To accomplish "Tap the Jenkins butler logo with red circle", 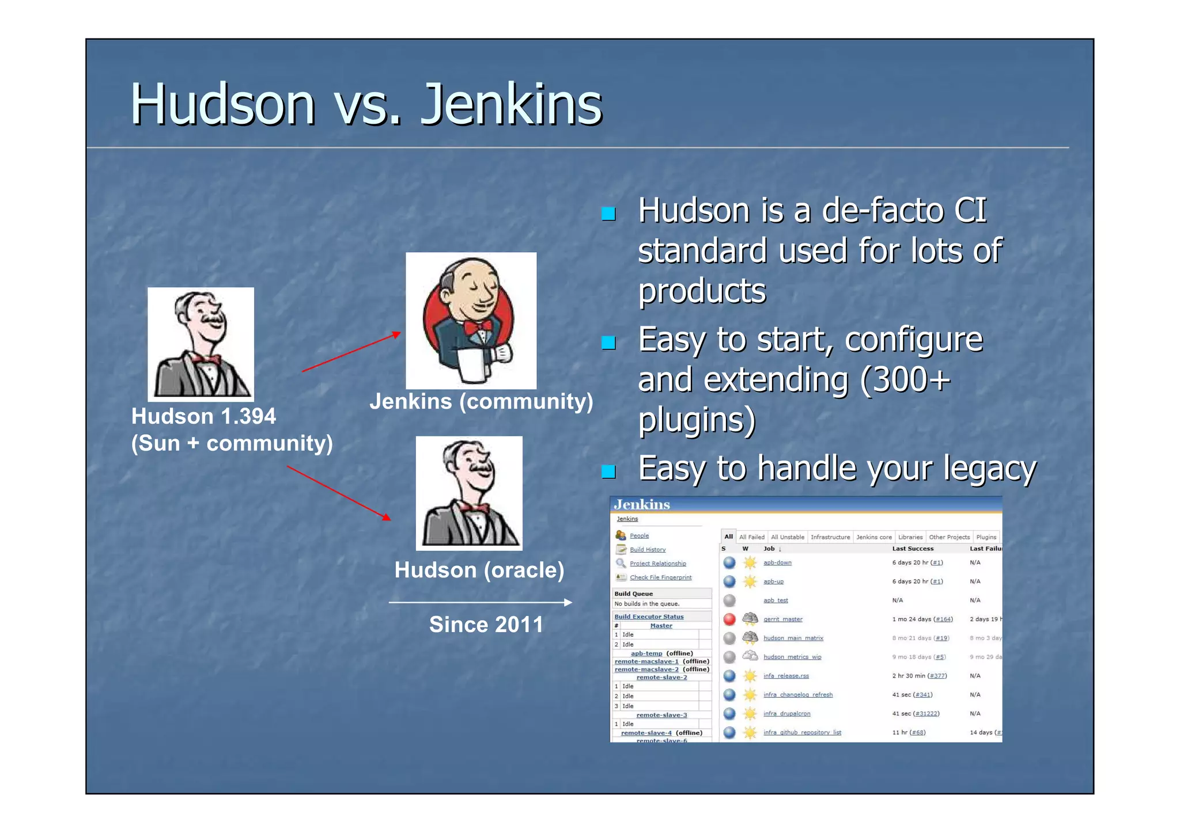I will [471, 320].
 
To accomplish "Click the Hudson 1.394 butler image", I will [201, 344].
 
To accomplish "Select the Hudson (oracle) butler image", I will [469, 493].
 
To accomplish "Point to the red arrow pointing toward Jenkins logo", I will [351, 352].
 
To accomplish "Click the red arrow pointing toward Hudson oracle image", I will [339, 493].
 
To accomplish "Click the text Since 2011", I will [486, 625].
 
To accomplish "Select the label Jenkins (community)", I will [481, 401].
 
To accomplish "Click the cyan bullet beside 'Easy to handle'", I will [608, 472].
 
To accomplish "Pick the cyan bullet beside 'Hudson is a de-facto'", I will [608, 214].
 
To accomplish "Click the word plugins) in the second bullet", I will [697, 420].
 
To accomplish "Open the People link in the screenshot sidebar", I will [639, 535].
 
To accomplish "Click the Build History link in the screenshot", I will [648, 550].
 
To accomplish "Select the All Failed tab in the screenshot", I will [752, 537].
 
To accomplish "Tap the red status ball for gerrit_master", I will [729, 619].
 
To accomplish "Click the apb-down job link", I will [777, 562].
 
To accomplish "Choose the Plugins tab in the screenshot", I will [986, 537].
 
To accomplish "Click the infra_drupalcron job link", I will [786, 714].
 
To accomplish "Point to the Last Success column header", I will [913, 549].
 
